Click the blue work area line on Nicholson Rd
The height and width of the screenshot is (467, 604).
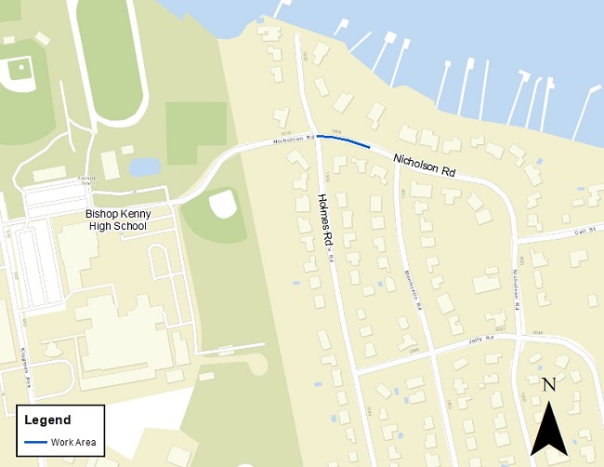(343, 141)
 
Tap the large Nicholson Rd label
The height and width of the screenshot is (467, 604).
(424, 166)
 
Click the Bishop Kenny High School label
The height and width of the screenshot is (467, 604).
(119, 220)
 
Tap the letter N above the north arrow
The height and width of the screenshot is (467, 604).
(548, 384)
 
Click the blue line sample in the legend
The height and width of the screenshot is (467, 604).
(35, 442)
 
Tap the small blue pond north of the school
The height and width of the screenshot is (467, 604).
(143, 167)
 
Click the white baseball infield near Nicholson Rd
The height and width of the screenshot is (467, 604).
(223, 203)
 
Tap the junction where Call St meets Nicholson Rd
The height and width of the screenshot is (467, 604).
(516, 239)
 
